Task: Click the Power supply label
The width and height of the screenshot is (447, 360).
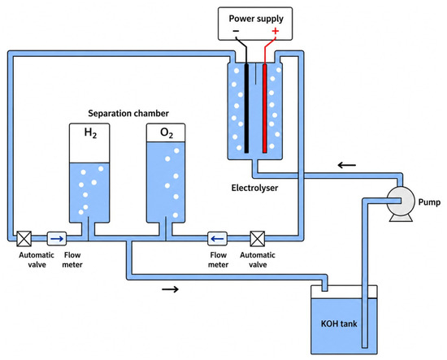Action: pyautogui.click(x=256, y=19)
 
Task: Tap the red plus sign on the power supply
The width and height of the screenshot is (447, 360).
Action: pyautogui.click(x=275, y=31)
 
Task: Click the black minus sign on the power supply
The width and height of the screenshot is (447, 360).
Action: pyautogui.click(x=236, y=31)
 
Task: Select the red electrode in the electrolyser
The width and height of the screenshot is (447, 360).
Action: pyautogui.click(x=265, y=108)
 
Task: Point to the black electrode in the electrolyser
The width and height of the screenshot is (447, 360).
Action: pyautogui.click(x=246, y=108)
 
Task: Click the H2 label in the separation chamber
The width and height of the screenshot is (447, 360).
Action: pyautogui.click(x=90, y=132)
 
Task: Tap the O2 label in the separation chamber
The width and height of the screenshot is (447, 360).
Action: pyautogui.click(x=167, y=132)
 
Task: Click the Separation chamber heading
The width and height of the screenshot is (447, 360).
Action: pyautogui.click(x=128, y=114)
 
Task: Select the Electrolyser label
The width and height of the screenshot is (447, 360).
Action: pyautogui.click(x=254, y=188)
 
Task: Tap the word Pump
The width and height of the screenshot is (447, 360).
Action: pyautogui.click(x=429, y=202)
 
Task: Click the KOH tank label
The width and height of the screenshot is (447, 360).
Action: pyautogui.click(x=339, y=323)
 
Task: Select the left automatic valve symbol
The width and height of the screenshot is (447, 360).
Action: pyautogui.click(x=24, y=239)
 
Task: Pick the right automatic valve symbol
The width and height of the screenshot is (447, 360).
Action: pyautogui.click(x=258, y=239)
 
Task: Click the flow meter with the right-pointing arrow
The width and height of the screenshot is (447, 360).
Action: pyautogui.click(x=57, y=239)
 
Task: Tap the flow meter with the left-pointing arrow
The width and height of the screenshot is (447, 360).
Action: pyautogui.click(x=217, y=239)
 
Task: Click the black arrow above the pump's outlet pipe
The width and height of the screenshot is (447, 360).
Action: pyautogui.click(x=347, y=165)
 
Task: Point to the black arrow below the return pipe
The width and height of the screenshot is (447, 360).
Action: pyautogui.click(x=170, y=289)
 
